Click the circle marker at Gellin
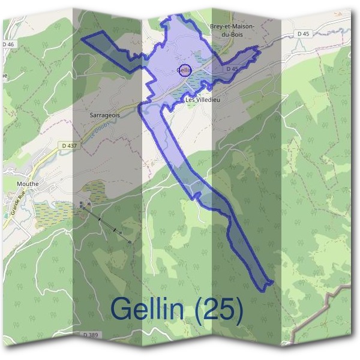tap(185, 70)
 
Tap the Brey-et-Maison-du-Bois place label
tap(232, 31)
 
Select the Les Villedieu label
tap(203, 100)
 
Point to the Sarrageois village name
tap(104, 113)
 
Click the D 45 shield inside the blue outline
tap(233, 70)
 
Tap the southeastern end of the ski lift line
tap(130, 242)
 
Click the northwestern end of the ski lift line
tap(80, 203)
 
